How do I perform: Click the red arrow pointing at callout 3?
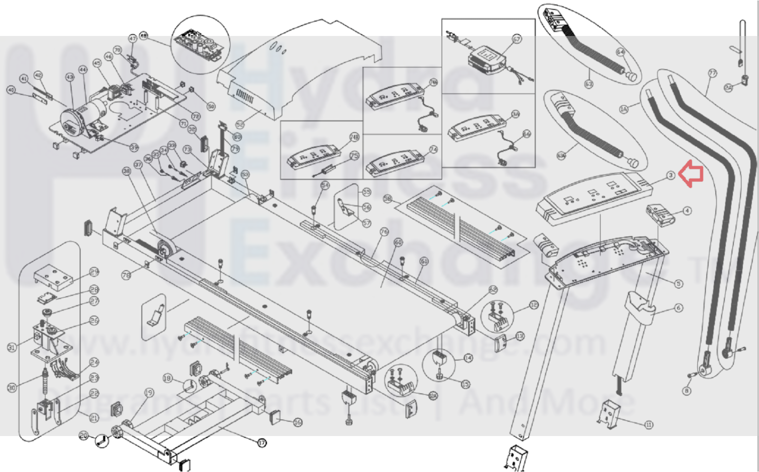tap(691, 174)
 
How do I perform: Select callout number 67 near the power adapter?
tap(516, 39)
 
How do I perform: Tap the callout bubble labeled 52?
tap(240, 125)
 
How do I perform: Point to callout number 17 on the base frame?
tap(262, 443)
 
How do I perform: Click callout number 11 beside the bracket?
tap(649, 425)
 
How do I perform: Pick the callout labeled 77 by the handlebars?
tap(712, 73)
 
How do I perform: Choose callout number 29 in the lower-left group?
tap(94, 272)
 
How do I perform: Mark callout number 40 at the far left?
tap(11, 90)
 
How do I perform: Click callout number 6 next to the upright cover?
tap(678, 308)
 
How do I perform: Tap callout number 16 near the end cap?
tap(298, 422)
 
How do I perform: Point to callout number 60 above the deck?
tap(398, 242)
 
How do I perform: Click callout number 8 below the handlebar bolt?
tap(686, 391)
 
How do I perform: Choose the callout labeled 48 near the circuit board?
tap(143, 36)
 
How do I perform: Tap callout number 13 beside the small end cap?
tap(520, 336)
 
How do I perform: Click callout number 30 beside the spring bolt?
tap(11, 388)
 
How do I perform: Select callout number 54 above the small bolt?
tap(325, 185)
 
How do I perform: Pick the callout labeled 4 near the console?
tap(687, 211)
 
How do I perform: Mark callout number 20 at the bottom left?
tap(84, 435)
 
